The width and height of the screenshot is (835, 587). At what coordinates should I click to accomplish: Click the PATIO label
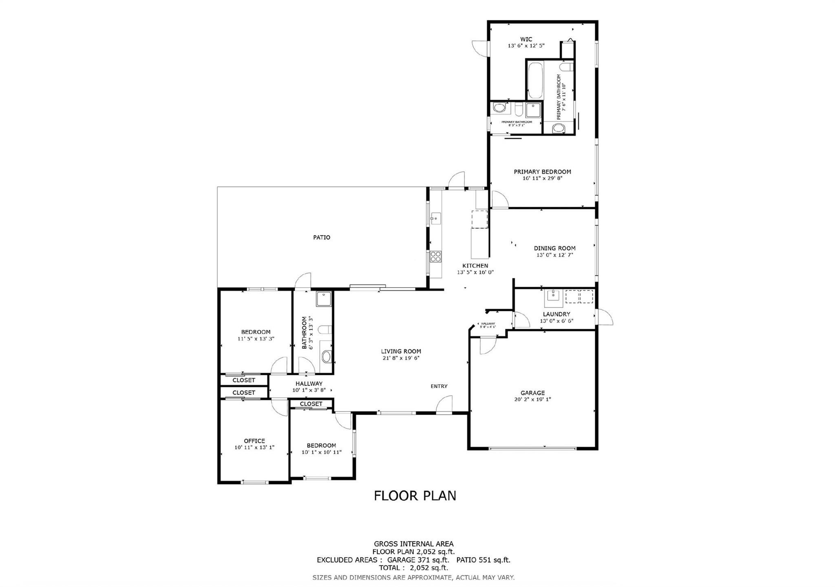point(321,237)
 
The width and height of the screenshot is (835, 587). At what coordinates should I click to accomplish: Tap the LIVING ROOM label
point(401,351)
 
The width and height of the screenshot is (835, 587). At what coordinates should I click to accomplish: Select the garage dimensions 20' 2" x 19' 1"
point(532,400)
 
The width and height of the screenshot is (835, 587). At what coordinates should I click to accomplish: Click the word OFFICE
point(254,441)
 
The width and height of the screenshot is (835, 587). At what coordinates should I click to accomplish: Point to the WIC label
point(526,40)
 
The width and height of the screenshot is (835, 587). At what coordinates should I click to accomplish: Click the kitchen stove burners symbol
point(435,257)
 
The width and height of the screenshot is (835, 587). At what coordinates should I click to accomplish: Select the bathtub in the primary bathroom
point(535,80)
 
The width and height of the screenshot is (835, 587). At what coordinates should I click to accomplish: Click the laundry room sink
point(554,298)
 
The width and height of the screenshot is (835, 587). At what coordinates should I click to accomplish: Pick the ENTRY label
point(439,386)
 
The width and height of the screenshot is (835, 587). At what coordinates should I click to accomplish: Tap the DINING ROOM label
point(554,248)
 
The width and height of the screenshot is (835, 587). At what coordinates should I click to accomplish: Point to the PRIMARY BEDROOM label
point(542,172)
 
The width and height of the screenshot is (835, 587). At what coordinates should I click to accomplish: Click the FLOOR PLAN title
point(415,496)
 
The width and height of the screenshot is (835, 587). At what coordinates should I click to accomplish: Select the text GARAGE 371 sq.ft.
point(418,560)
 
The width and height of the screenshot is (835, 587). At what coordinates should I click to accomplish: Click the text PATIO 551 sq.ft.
point(483,560)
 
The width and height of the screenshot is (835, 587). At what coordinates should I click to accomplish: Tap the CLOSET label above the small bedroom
point(311,404)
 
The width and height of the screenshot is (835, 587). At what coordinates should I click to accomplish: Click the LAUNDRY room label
point(557,314)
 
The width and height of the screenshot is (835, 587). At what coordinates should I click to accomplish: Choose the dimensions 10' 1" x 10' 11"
point(321,452)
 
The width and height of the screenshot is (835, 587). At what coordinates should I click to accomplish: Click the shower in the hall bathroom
point(324,299)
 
